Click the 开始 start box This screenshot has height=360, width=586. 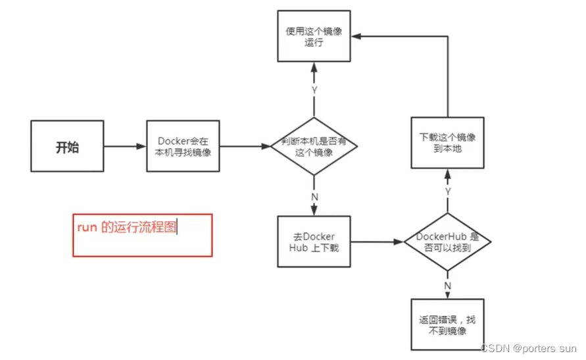(67, 146)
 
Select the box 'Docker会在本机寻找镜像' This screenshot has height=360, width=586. (183, 146)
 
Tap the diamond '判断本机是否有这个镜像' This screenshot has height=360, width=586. (314, 146)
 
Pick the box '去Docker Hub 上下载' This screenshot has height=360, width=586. (314, 241)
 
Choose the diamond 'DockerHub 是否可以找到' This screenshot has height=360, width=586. (447, 242)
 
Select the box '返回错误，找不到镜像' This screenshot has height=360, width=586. (447, 325)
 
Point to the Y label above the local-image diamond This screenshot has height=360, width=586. (314, 90)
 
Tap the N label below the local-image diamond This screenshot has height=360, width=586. (314, 195)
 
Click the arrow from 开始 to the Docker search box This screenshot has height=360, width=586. (125, 146)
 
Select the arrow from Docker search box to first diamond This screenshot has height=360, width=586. (245, 146)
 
